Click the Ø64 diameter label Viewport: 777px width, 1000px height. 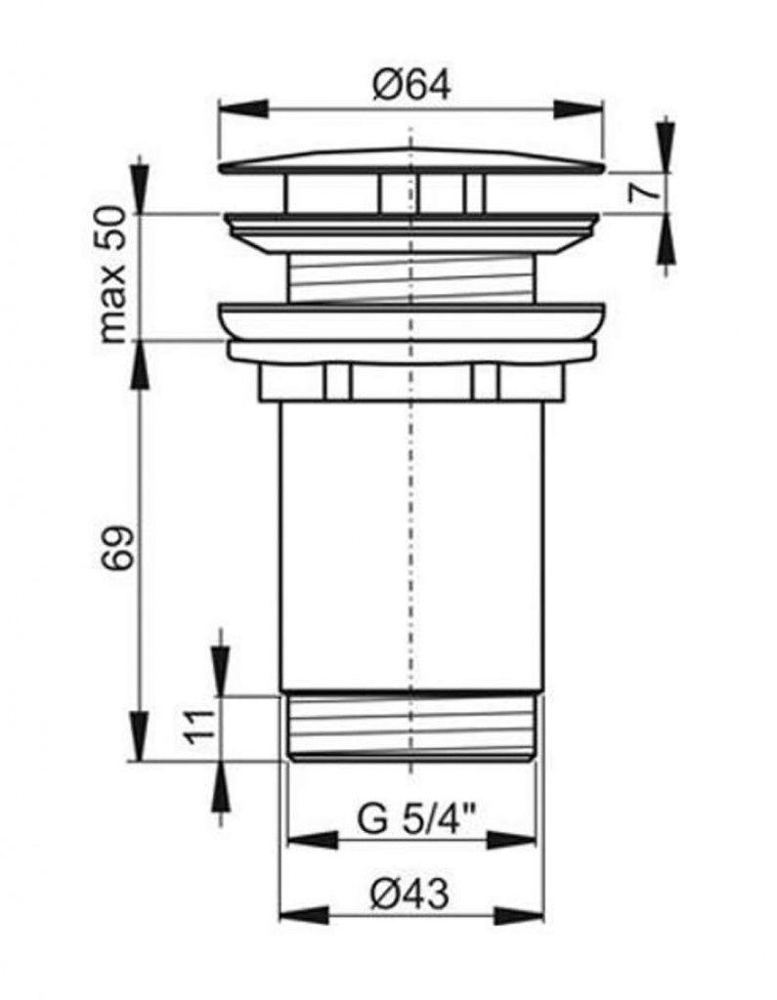click(411, 85)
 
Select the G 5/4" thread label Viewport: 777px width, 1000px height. click(417, 818)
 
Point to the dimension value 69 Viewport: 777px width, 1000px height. click(117, 547)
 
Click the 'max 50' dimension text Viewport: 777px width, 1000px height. click(116, 274)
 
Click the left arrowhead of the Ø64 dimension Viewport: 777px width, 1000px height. click(243, 109)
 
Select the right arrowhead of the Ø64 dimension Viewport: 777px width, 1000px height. click(578, 109)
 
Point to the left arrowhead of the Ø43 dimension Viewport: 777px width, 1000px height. click(305, 916)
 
